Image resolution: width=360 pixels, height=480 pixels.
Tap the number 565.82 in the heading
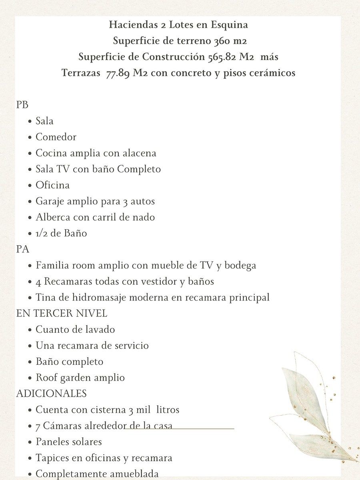coord(222,57)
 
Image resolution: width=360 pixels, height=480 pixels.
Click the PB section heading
coord(22,105)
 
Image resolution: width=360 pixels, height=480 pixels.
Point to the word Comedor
coord(56,137)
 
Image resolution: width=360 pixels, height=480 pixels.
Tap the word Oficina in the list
coord(52,185)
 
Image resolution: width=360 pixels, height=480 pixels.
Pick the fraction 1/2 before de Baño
coord(43,233)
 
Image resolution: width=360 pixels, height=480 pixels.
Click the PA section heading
coord(22,249)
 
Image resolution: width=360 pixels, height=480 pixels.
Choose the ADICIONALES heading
coord(51,394)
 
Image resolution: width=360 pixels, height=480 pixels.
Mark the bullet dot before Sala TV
coord(30,170)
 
